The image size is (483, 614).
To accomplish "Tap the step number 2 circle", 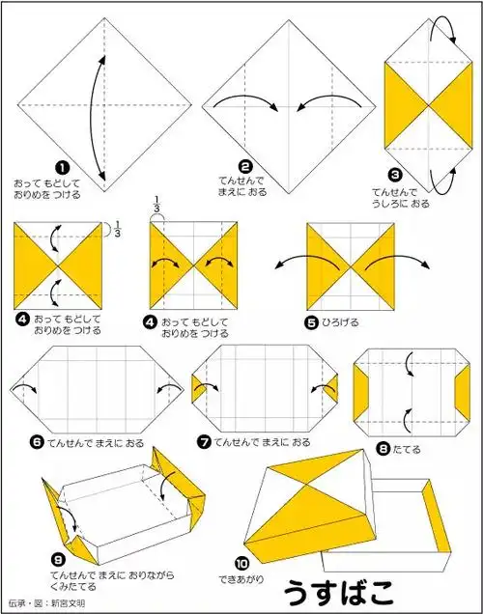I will click(245, 166).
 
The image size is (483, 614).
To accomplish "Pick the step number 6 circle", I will click(37, 441).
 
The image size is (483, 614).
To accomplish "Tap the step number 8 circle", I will click(384, 448).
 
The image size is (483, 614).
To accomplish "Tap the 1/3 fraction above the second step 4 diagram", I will click(156, 205).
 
